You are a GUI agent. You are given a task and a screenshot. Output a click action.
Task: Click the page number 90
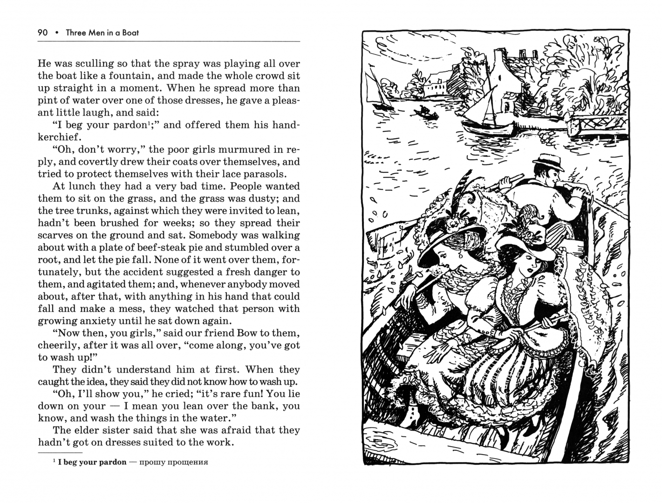point(43,33)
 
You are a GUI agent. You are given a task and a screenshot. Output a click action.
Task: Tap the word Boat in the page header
point(130,33)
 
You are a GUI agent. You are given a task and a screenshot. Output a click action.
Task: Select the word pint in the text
point(46,101)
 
